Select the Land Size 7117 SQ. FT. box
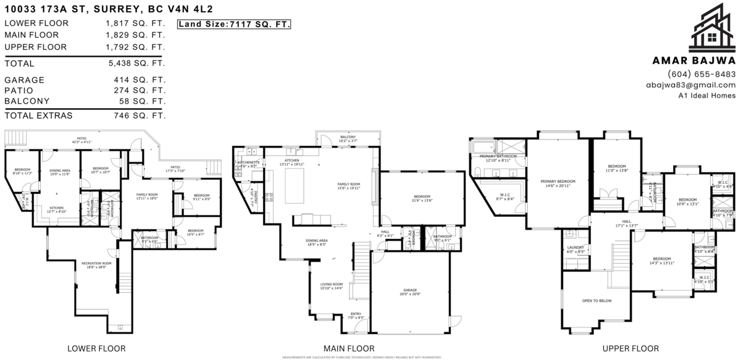[x=234, y=24]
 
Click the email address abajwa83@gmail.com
[x=690, y=85]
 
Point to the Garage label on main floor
[x=410, y=290]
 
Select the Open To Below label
[x=597, y=301]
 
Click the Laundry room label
[x=576, y=248]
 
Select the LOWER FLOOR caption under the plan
[x=96, y=349]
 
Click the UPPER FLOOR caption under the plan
[x=629, y=349]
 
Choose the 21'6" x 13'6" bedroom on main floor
[x=422, y=198]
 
